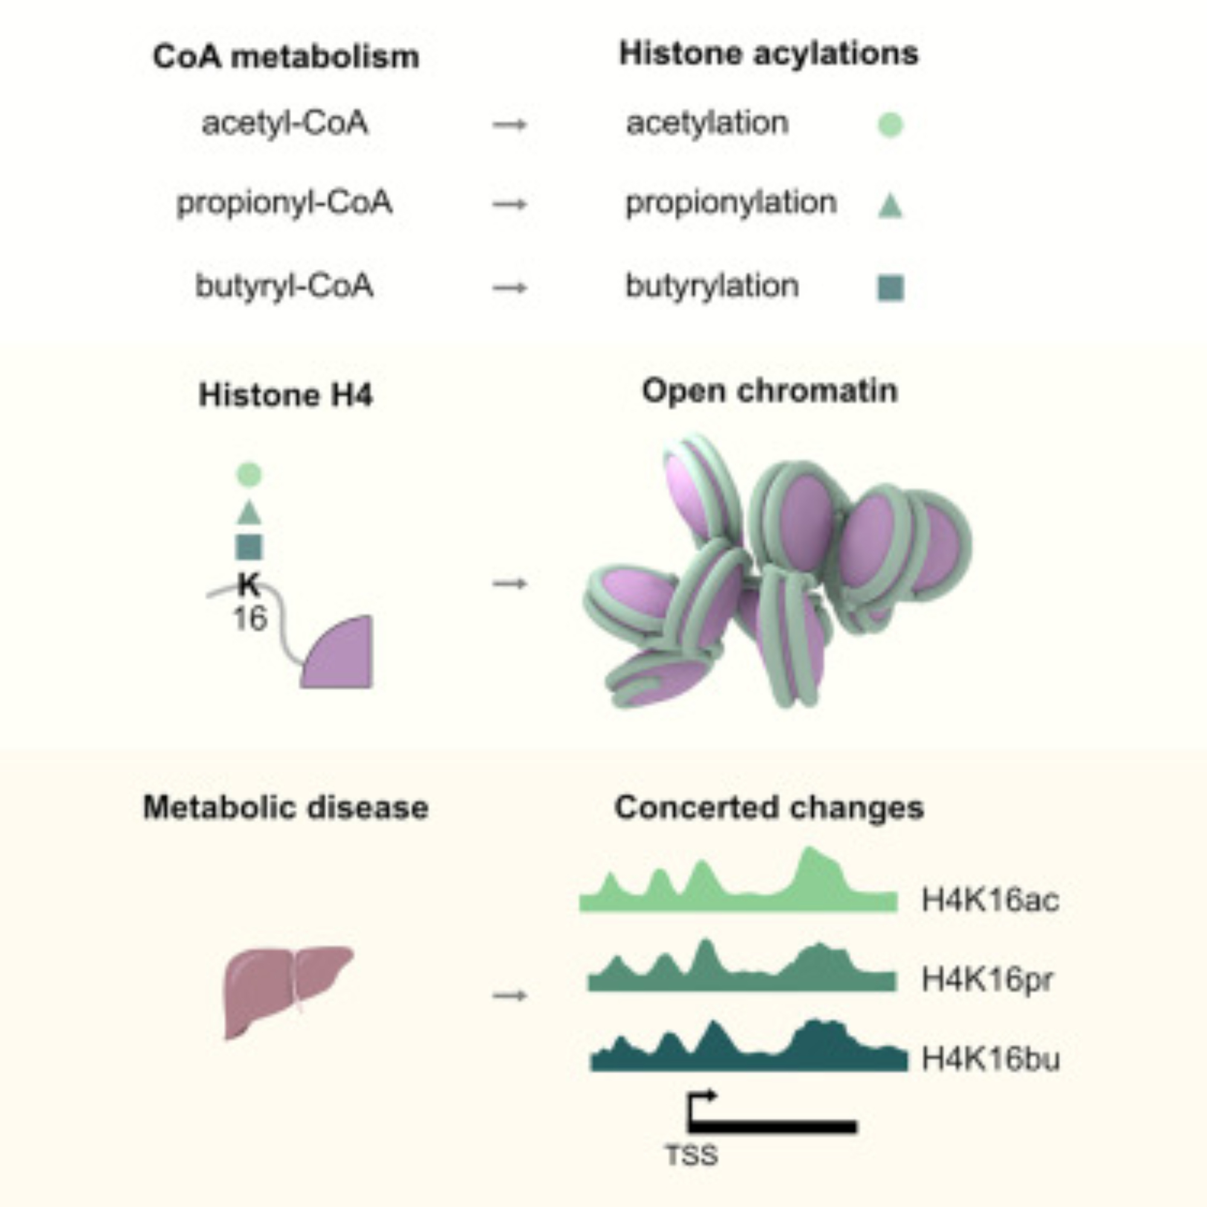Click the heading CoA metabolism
[285, 57]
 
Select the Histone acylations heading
[768, 54]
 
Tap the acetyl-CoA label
[285, 123]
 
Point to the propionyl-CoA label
[285, 203]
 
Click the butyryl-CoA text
[284, 287]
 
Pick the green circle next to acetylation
[890, 124]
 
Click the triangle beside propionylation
[890, 206]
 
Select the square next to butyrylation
[891, 288]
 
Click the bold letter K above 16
[249, 585]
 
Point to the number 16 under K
[250, 619]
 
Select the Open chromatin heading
[769, 392]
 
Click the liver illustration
[284, 990]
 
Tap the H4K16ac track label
[990, 900]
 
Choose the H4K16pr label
[987, 979]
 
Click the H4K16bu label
[991, 1059]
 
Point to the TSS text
[692, 1156]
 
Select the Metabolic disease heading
[285, 807]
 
